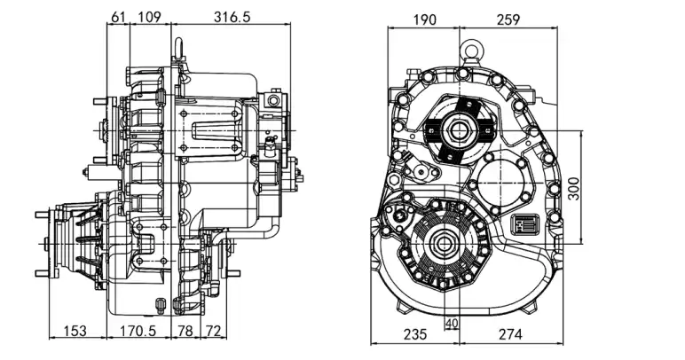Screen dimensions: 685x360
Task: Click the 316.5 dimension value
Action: pyautogui.click(x=232, y=17)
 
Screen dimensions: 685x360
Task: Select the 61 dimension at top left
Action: pyautogui.click(x=118, y=17)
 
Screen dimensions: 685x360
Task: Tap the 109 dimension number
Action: pyautogui.click(x=149, y=17)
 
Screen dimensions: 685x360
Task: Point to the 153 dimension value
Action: pyautogui.click(x=75, y=331)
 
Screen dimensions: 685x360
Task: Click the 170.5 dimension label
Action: pyautogui.click(x=138, y=331)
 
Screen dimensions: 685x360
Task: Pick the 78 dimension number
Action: pyautogui.click(x=185, y=331)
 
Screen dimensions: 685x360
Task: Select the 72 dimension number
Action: pyautogui.click(x=213, y=331)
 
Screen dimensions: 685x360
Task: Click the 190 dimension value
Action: pyautogui.click(x=424, y=20)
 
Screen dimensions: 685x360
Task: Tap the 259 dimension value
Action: pyautogui.click(x=508, y=20)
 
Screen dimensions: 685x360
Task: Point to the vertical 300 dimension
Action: pyautogui.click(x=573, y=188)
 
